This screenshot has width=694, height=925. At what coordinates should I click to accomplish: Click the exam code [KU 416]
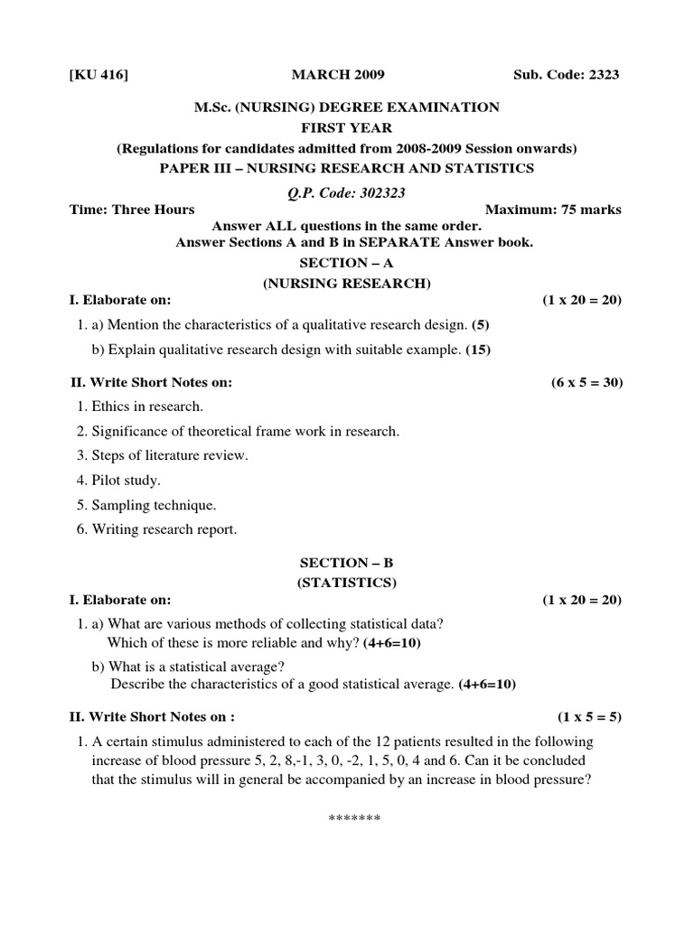[x=98, y=75]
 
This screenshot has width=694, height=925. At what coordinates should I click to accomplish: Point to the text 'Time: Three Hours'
[x=132, y=210]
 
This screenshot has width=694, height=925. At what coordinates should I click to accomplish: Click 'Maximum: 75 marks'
[x=553, y=210]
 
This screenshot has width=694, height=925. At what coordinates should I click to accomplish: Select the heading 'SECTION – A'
[x=347, y=265]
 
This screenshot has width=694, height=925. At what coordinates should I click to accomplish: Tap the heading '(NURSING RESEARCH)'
[x=347, y=283]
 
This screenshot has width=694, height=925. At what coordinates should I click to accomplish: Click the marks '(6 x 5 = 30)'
[x=586, y=382]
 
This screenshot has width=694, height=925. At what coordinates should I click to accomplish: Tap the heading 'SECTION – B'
[x=347, y=563]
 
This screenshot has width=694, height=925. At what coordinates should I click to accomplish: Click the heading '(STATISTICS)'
[x=347, y=582]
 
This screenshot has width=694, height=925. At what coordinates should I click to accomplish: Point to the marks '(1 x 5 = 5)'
[x=589, y=717]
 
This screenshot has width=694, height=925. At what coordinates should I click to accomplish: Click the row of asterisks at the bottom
[x=354, y=818]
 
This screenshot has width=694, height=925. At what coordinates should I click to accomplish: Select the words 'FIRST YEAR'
[x=347, y=127]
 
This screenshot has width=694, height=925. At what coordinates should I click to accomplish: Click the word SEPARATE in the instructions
[x=381, y=241]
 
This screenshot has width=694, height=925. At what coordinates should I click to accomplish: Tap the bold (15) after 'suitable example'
[x=478, y=349]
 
